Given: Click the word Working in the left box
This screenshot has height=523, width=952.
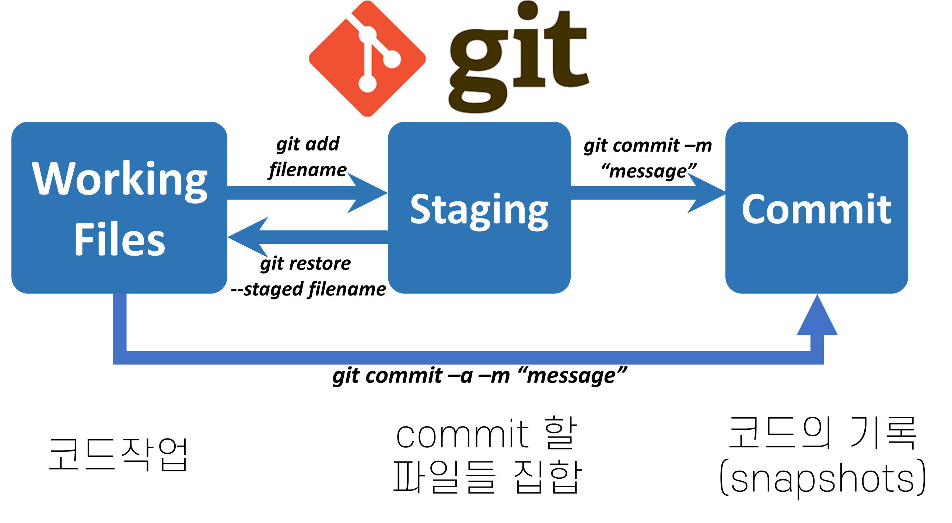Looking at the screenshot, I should [x=120, y=179].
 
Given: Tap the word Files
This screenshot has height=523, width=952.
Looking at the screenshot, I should [x=119, y=240].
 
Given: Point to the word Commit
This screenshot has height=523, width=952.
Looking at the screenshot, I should [x=816, y=209].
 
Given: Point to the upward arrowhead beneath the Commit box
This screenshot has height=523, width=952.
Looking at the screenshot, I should [x=817, y=318].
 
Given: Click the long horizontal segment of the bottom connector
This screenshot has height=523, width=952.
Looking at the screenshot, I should [x=466, y=357].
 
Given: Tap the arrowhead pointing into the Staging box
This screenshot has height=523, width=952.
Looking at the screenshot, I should [x=366, y=193].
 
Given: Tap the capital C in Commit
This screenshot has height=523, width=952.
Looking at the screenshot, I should [x=754, y=209].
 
